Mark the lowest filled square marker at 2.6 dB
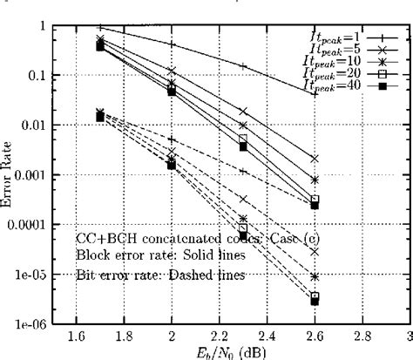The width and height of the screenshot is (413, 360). tap(315, 301)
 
